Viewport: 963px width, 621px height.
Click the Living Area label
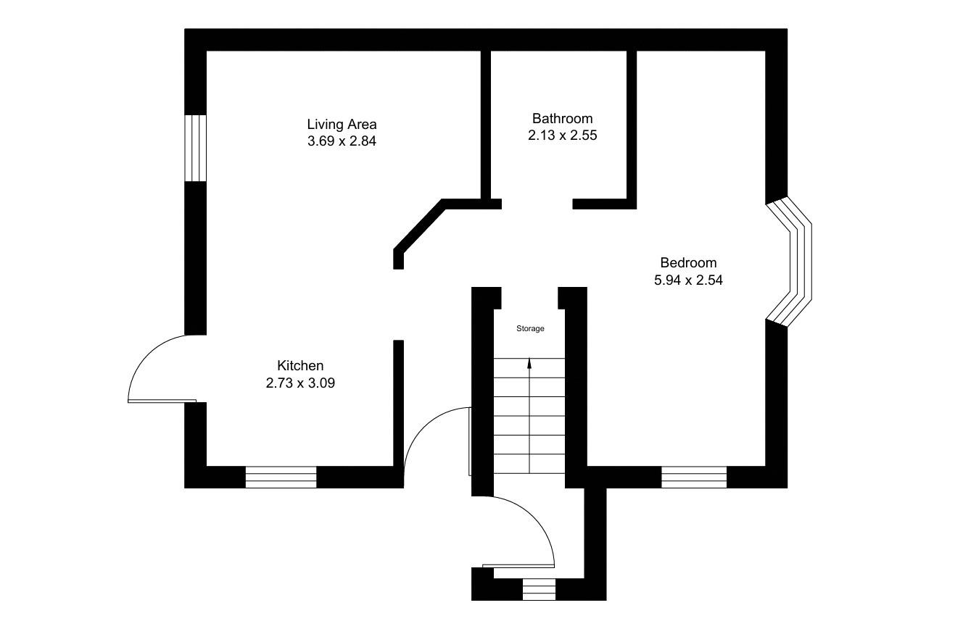[342, 125]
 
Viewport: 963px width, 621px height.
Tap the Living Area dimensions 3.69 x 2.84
[342, 141]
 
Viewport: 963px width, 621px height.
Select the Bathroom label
[562, 118]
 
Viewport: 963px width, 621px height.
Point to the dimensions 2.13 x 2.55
[562, 135]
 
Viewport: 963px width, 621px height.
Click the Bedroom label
[688, 263]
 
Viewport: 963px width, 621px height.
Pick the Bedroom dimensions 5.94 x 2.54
[688, 280]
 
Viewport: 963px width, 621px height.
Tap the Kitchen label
[300, 366]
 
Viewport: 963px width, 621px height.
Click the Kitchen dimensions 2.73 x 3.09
[300, 383]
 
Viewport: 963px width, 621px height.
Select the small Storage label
[530, 329]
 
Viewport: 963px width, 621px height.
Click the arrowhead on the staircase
[529, 363]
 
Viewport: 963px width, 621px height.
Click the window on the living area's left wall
[196, 148]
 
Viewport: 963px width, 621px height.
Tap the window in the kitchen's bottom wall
[281, 477]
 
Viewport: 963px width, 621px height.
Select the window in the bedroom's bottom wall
[694, 477]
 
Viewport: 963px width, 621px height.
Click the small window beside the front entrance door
[539, 589]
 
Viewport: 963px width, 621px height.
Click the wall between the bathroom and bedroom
[632, 123]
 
